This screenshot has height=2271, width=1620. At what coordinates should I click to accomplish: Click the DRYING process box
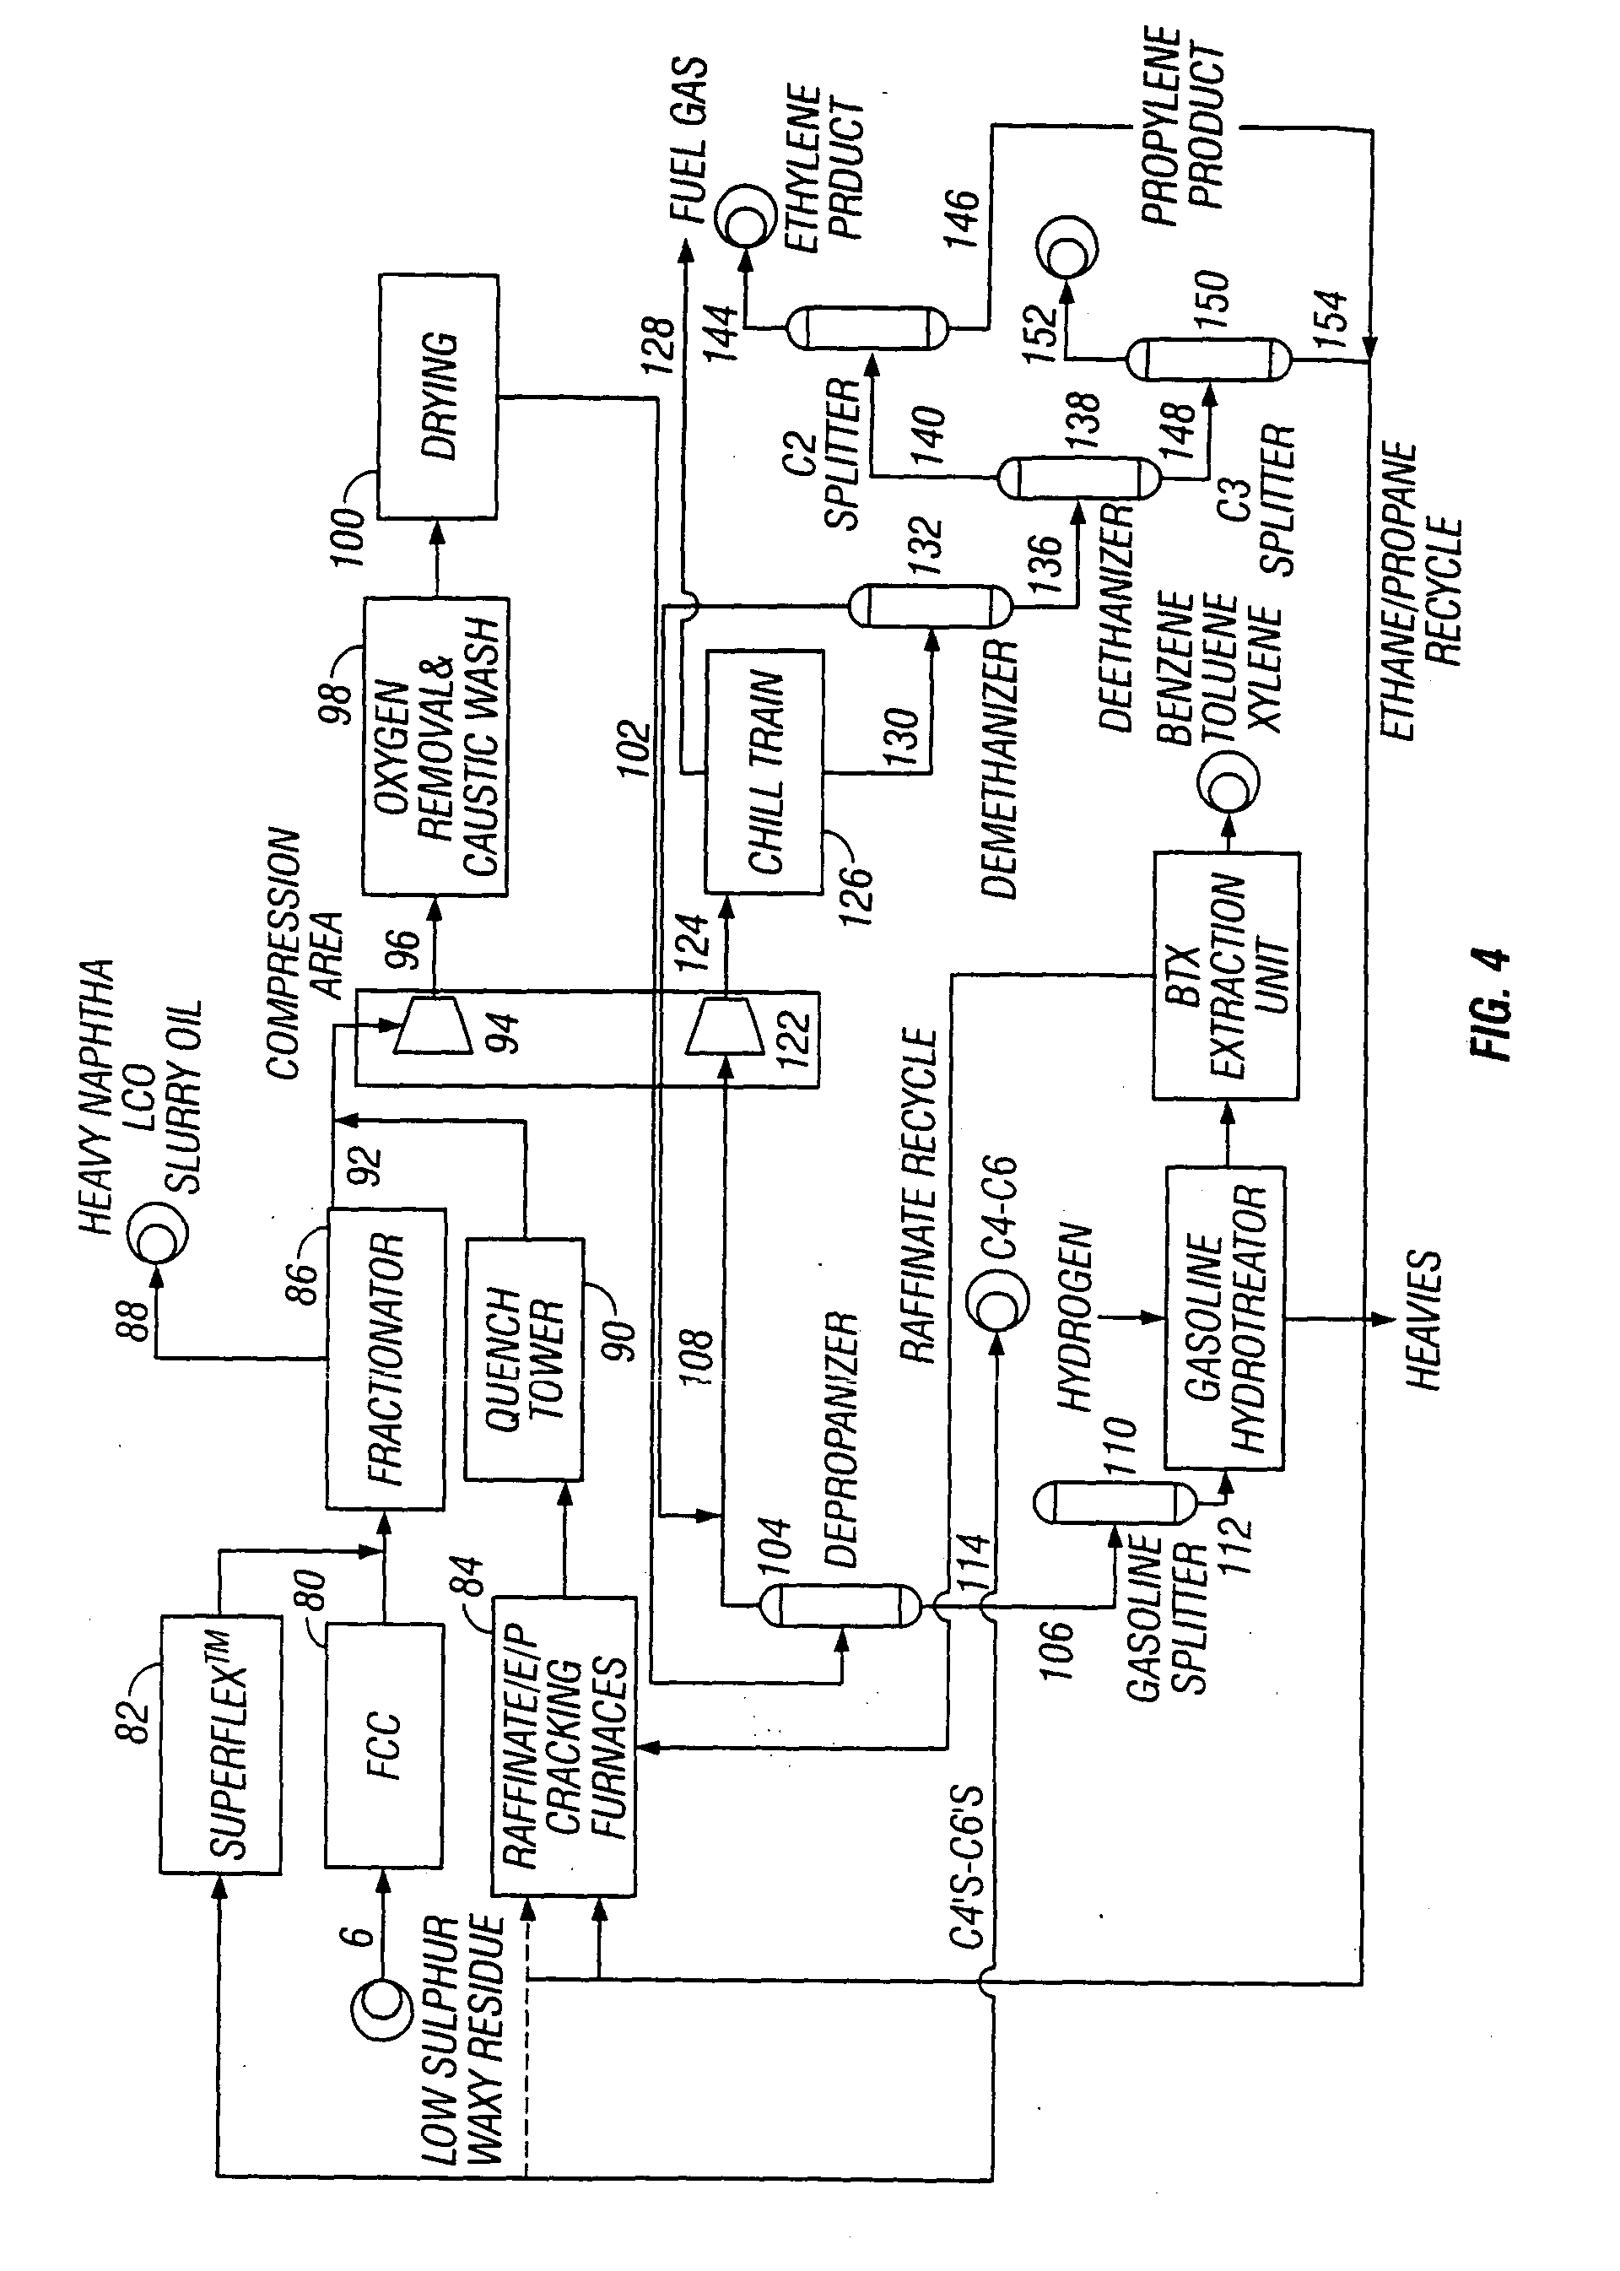(x=438, y=396)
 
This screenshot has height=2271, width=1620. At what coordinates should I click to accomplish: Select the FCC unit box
(x=384, y=1745)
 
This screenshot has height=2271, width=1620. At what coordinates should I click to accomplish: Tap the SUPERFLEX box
(x=220, y=1745)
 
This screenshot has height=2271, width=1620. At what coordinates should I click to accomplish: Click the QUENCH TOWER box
(x=524, y=1359)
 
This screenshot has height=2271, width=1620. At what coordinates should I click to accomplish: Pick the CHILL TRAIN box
(x=764, y=771)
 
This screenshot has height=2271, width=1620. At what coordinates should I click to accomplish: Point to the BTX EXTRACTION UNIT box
(x=1225, y=976)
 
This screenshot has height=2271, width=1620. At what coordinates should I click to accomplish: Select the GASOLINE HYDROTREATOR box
(x=1224, y=1317)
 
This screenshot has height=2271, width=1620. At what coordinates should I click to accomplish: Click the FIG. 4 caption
(x=1489, y=1003)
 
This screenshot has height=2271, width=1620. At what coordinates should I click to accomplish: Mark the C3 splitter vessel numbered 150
(x=1208, y=360)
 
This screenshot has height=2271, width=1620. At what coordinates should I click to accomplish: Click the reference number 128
(x=657, y=345)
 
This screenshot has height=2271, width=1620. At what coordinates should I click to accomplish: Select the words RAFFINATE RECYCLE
(x=918, y=1197)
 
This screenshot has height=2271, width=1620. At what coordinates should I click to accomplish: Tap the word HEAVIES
(x=1423, y=1319)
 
